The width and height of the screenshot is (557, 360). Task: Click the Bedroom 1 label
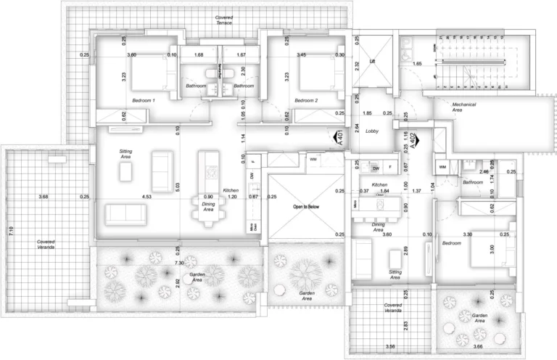pos(149,100)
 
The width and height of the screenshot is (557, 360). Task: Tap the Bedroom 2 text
pos(307,100)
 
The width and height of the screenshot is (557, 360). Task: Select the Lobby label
pos(373,131)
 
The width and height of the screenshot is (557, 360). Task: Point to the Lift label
pos(374,62)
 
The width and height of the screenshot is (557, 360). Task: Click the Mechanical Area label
pos(464,107)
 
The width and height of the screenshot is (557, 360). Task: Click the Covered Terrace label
pos(224,20)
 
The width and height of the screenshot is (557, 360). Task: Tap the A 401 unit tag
pos(339,139)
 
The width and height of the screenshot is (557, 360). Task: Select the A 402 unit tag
pos(413,140)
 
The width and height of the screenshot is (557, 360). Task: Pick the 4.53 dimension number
pos(148,197)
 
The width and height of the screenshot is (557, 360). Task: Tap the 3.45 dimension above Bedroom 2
pos(301,55)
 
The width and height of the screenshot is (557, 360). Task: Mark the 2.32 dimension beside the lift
pos(357,65)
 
